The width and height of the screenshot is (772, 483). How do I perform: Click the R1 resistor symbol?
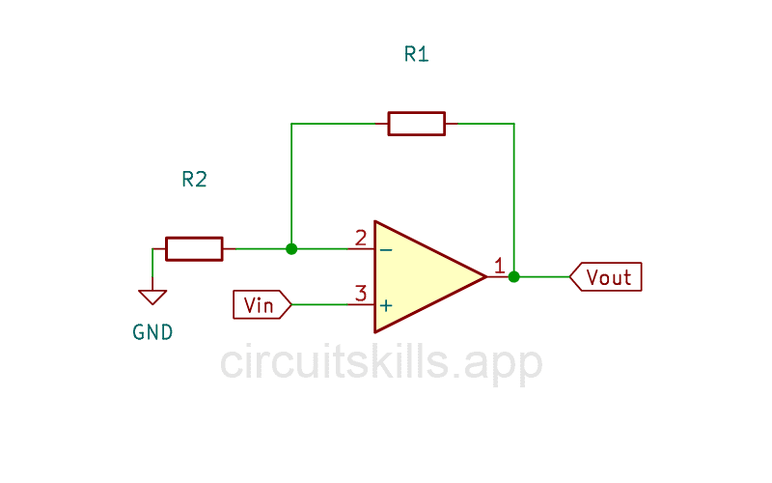(x=416, y=124)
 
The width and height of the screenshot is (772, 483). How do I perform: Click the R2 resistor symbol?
(x=194, y=248)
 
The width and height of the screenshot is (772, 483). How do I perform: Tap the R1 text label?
(x=416, y=54)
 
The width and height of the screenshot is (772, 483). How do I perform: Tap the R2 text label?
(x=194, y=179)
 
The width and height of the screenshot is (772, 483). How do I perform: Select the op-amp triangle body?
(x=420, y=277)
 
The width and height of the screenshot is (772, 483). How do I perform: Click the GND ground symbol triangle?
(x=152, y=297)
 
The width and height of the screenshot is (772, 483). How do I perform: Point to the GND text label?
(x=152, y=332)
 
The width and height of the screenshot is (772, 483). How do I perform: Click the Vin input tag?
(x=260, y=305)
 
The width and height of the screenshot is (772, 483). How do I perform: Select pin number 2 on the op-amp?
(x=360, y=238)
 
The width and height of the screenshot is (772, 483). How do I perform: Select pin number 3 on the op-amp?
(x=360, y=294)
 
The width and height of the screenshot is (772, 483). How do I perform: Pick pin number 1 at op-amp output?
(x=499, y=266)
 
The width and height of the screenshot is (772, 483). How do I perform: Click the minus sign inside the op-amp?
(x=386, y=249)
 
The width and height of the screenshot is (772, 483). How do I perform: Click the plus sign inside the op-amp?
(x=386, y=305)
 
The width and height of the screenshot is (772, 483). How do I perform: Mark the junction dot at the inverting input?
(x=291, y=248)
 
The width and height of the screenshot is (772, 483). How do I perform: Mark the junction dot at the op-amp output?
(x=514, y=276)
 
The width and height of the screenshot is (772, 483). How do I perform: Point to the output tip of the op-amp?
(x=484, y=276)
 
